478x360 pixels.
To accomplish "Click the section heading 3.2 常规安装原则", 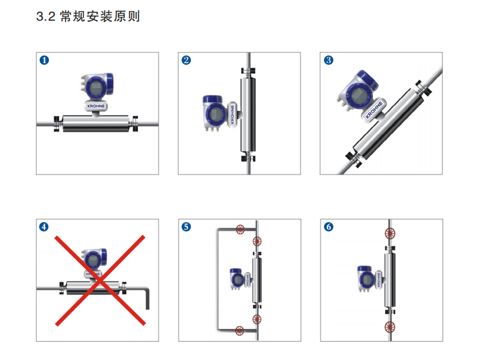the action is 88,16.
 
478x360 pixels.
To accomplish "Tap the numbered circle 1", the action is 44,60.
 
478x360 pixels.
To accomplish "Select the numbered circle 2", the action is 186,60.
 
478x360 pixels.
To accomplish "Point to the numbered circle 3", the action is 328,60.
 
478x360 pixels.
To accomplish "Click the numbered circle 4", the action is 44,227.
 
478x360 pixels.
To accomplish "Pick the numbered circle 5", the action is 186,227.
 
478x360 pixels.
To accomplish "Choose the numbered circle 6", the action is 328,227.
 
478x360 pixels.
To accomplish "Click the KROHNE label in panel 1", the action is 96,106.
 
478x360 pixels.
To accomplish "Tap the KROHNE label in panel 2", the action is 232,114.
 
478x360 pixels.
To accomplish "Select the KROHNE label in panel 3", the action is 374,110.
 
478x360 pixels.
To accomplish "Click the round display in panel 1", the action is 95,87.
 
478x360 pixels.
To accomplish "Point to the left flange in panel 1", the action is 57,123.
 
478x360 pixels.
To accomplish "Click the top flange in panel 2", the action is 248,71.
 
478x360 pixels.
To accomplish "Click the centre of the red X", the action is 100,280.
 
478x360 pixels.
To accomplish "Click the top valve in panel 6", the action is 390,234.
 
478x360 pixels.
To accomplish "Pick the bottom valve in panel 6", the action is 390,327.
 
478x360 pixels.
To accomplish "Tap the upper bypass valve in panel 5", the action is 240,229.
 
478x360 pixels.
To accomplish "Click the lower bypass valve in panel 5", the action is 240,331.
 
